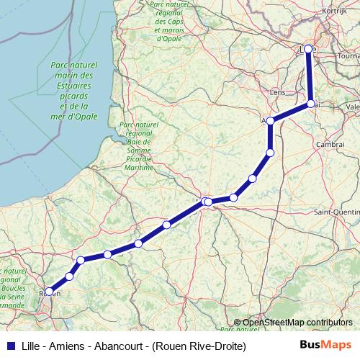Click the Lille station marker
308,49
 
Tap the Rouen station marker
48,292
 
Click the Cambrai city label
330,144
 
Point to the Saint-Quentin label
337,212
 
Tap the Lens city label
276,93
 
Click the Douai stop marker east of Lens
311,104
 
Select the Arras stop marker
270,122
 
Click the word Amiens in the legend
70,346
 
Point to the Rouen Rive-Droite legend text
199,346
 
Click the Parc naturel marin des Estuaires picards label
72,91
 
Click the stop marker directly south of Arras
270,152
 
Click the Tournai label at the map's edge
349,55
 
